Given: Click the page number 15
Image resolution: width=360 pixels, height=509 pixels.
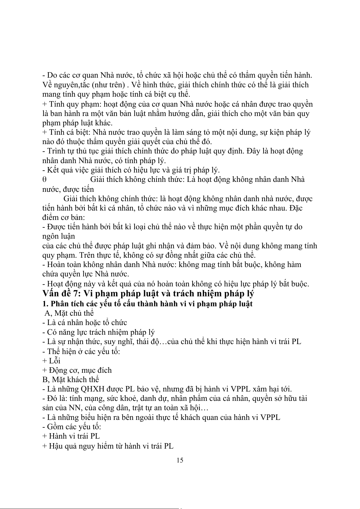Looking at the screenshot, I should (x=180, y=460).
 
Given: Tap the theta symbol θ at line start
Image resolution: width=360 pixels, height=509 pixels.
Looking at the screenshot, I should (x=44, y=179).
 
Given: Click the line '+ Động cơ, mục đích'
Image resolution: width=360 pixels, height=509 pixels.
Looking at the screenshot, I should (x=77, y=370).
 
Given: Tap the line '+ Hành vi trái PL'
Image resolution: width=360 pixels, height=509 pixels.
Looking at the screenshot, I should (x=71, y=436).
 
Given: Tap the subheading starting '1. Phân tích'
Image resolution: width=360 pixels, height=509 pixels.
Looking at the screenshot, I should (x=147, y=304).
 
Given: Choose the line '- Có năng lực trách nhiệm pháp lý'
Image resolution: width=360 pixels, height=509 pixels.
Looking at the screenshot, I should (x=99, y=332).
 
